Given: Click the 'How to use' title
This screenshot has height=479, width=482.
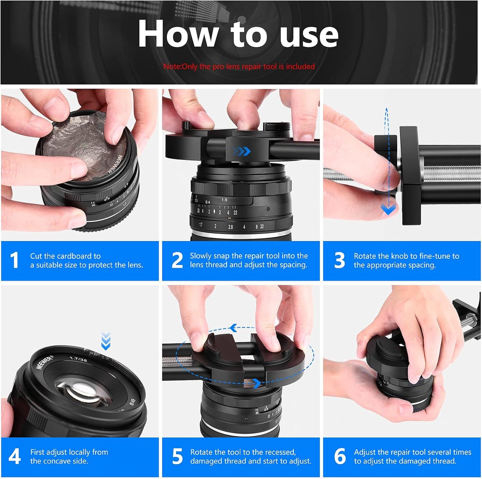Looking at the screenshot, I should pyautogui.click(x=238, y=34).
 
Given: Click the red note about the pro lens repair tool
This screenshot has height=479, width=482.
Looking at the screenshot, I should pyautogui.click(x=239, y=66).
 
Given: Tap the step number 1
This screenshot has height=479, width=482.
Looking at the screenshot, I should pyautogui.click(x=14, y=260).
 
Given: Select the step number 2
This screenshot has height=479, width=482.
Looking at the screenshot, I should pyautogui.click(x=177, y=260).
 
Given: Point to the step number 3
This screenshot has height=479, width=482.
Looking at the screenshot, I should pyautogui.click(x=339, y=260).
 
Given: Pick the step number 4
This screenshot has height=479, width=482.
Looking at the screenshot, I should pyautogui.click(x=14, y=456).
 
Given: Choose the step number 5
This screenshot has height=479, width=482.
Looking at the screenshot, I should pyautogui.click(x=177, y=456).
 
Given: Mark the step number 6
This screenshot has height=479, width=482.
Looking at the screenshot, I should pyautogui.click(x=340, y=456).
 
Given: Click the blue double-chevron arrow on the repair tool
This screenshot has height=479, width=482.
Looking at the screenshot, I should pyautogui.click(x=243, y=152).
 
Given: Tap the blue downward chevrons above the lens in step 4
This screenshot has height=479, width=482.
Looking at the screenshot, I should pyautogui.click(x=106, y=341).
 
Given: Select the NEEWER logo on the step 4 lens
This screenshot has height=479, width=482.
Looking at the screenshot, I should pyautogui.click(x=44, y=362).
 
